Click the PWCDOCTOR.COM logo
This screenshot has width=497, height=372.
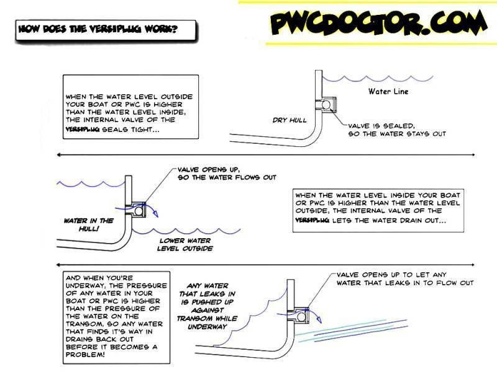pyautogui.click(x=378, y=24)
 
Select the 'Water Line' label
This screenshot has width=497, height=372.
pyautogui.click(x=388, y=92)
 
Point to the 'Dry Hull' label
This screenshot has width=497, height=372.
pyautogui.click(x=290, y=120)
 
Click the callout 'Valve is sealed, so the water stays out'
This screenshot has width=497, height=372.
pyautogui.click(x=396, y=129)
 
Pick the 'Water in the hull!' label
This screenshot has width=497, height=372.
pyautogui.click(x=89, y=224)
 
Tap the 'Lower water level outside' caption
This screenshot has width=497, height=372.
pyautogui.click(x=186, y=244)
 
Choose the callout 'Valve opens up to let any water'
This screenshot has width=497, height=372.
pyautogui.click(x=404, y=278)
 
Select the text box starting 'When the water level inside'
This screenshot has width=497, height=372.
pyautogui.click(x=378, y=207)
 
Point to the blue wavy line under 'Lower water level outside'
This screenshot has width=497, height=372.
pyautogui.click(x=186, y=231)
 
